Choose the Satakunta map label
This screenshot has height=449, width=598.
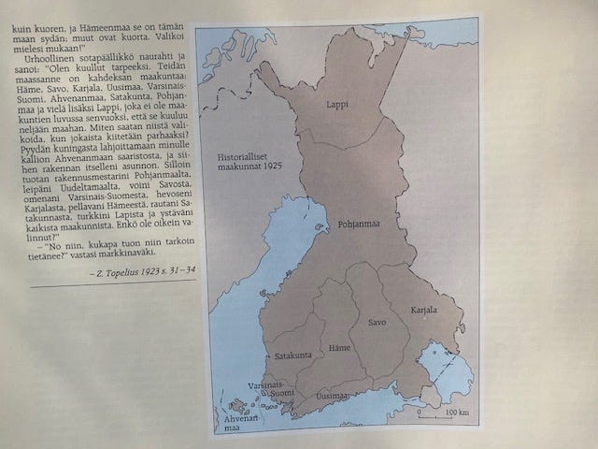[x=292, y=355]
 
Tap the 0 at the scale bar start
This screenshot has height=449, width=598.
[x=420, y=413]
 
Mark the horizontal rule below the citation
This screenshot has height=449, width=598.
[x=103, y=284]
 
